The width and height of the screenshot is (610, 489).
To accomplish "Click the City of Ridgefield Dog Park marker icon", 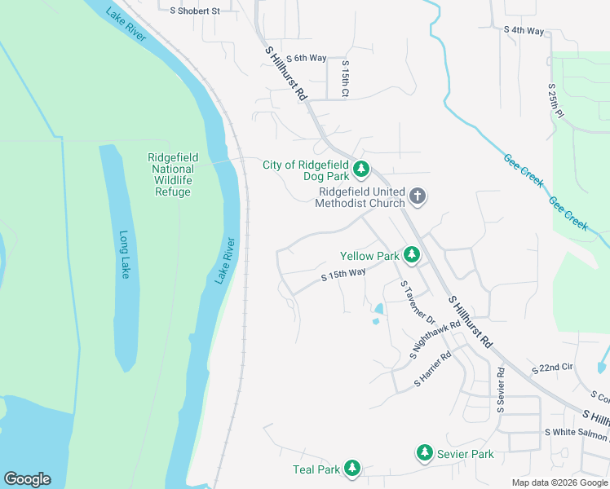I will [x=361, y=170].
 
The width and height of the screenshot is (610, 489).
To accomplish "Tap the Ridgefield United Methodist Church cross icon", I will [x=418, y=196].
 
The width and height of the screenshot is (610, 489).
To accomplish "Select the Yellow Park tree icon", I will [x=412, y=256].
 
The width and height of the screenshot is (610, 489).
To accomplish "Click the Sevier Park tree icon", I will [x=424, y=453].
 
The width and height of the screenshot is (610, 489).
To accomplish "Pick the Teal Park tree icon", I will [x=351, y=469].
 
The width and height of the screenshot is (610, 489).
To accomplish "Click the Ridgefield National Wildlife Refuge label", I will [x=172, y=175].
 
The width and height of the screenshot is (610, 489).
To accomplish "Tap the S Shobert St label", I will [x=195, y=11].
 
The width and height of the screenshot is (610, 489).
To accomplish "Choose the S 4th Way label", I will [x=524, y=30].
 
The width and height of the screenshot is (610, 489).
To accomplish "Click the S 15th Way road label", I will [x=343, y=275].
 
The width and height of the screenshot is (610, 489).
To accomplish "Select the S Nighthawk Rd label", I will [x=436, y=340].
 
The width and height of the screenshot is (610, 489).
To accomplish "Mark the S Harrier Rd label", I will [x=433, y=369].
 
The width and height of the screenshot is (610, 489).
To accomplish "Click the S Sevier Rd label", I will [x=501, y=389].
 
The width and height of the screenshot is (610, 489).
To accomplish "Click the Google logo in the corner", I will [x=27, y=479].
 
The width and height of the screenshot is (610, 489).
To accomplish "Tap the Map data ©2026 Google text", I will [x=559, y=482].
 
